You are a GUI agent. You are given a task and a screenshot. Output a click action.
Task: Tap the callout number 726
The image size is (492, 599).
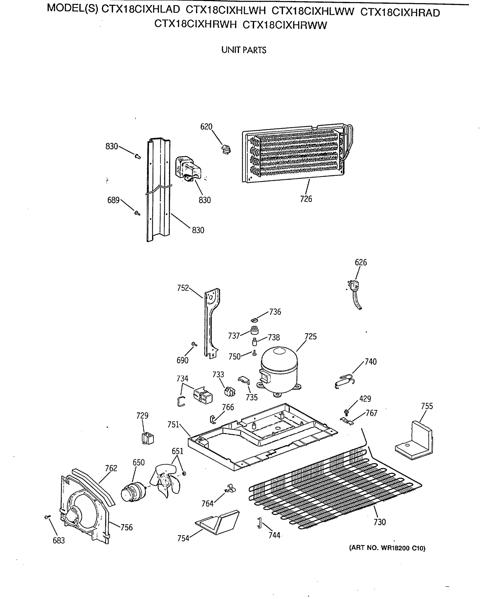[306, 199]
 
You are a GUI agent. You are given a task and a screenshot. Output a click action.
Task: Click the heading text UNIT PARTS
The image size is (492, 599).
[243, 50]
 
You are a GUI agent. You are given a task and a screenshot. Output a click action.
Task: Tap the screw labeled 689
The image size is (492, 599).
[137, 213]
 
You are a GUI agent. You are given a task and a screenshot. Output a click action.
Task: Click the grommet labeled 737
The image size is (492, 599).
[255, 330]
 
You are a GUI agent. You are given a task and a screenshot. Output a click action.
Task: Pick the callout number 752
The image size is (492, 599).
[183, 288]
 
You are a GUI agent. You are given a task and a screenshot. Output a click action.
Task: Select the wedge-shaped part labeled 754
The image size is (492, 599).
[218, 522]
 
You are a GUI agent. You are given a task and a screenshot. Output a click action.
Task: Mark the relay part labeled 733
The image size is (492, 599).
[230, 392]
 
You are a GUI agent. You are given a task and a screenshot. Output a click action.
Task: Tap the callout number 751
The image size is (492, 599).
[173, 425]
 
